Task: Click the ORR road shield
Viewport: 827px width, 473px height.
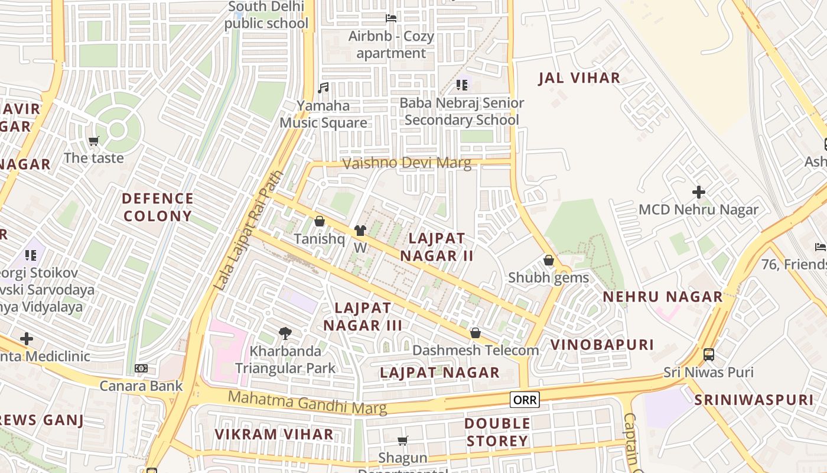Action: coord(525,400)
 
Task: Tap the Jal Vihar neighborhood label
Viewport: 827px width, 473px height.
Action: coord(579,78)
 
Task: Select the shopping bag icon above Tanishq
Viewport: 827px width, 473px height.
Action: coord(320,221)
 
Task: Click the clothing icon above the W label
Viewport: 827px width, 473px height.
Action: coord(360,231)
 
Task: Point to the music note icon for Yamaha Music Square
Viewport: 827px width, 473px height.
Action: coord(323,88)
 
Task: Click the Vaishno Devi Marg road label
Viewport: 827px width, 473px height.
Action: coord(407,163)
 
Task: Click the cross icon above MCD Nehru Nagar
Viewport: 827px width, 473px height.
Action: coord(699,192)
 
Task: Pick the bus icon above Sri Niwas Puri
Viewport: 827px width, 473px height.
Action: coord(708,355)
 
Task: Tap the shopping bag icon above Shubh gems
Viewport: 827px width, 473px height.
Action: coord(548,260)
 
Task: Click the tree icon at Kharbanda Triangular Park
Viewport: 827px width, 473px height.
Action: coord(285,333)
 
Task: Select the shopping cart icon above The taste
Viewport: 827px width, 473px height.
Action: coord(93,141)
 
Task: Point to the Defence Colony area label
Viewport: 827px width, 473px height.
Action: coord(158,207)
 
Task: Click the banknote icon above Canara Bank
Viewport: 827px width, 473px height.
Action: coord(141,368)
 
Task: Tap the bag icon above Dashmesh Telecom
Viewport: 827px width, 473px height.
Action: coord(475,333)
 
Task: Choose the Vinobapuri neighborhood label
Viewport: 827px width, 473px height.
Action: coord(602,345)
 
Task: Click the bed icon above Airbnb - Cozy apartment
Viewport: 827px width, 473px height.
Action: coord(390,18)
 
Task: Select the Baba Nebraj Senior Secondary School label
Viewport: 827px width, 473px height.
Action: coord(461,111)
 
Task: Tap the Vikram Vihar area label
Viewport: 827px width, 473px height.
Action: coord(274,435)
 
